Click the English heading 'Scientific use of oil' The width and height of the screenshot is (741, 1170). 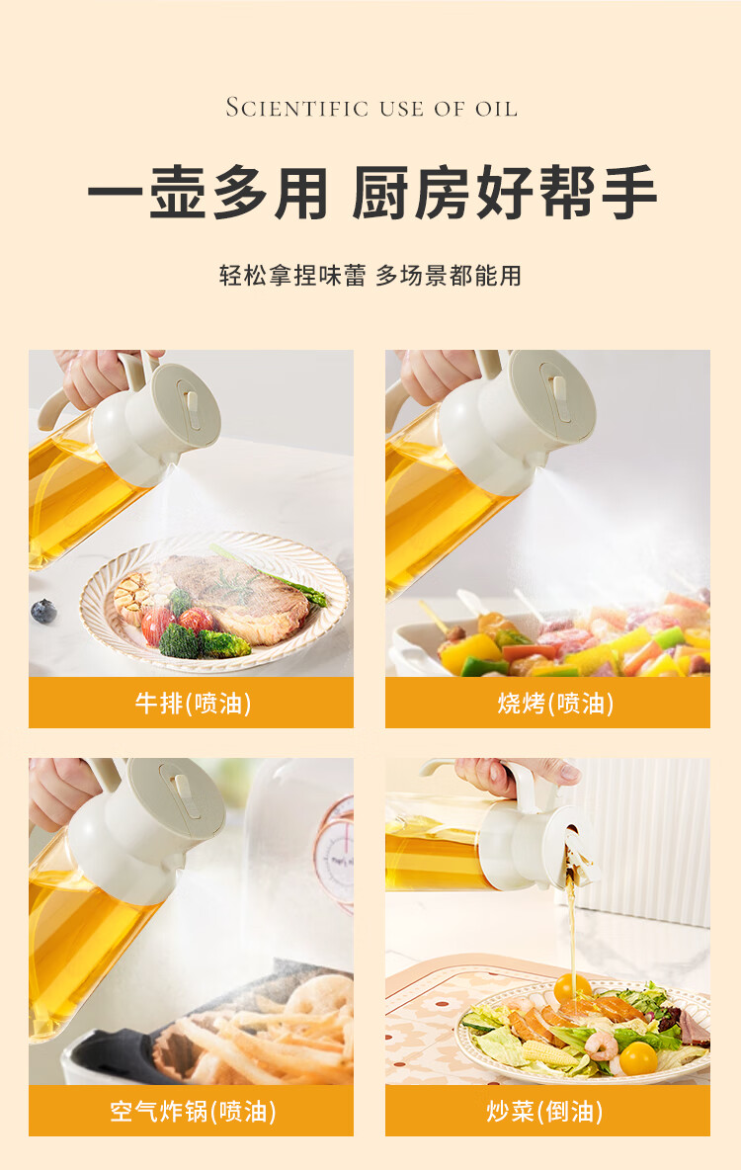pyautogui.click(x=370, y=108)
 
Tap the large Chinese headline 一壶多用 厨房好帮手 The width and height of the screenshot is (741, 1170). pyautogui.click(x=371, y=193)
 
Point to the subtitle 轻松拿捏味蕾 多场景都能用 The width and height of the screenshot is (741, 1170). pyautogui.click(x=370, y=276)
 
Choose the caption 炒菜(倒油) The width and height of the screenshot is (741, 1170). pyautogui.click(x=544, y=1111)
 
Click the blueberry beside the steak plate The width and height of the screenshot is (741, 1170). pyautogui.click(x=43, y=611)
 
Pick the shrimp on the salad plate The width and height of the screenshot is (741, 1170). pyautogui.click(x=602, y=1046)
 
